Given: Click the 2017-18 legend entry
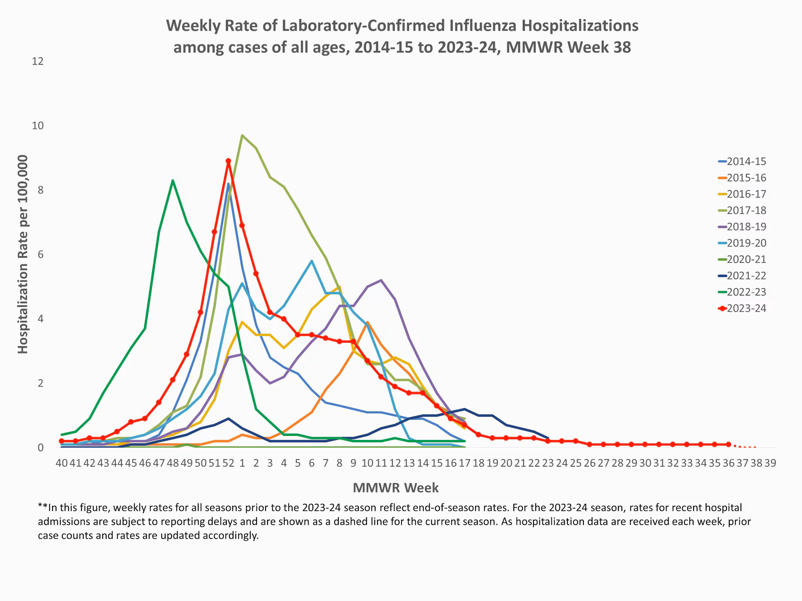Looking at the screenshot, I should coord(746,211).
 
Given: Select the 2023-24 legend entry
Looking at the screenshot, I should coord(746,308).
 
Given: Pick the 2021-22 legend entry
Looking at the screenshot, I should coord(746,276).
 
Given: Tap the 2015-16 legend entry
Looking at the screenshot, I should coord(746,178).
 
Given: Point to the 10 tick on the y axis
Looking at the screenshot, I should coord(38,126).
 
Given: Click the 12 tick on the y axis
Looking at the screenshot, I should coord(38,61).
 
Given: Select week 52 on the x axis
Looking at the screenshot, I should coord(228,463).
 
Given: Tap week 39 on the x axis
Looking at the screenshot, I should coord(770,463).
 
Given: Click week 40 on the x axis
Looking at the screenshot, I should coord(61,463).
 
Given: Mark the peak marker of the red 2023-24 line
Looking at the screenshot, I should coord(228,161).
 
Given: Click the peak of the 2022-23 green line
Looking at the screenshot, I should coord(173,180).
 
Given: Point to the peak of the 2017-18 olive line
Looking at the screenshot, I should coord(242,135).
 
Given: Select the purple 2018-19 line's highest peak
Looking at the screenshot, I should coord(381,280).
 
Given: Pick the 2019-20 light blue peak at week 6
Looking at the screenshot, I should coord(312,261).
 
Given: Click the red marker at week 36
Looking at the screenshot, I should coord(728,444).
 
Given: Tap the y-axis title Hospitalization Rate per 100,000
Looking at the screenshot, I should coord(23,254).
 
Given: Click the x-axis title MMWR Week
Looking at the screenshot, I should coord(396,488).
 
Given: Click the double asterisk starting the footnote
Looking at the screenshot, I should coord(42,507).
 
